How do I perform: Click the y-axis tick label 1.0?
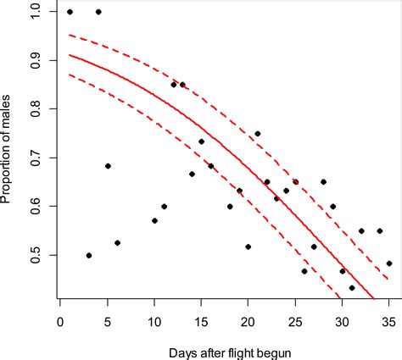(x=34, y=12)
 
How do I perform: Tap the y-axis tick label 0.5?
(x=34, y=255)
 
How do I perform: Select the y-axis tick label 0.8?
(x=34, y=109)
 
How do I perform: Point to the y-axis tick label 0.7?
(x=34, y=158)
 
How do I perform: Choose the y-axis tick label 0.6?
(x=34, y=207)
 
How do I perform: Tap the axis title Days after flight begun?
(x=224, y=349)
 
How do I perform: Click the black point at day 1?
(x=70, y=12)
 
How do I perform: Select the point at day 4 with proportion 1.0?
(x=98, y=12)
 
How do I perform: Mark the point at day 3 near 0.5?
(x=89, y=255)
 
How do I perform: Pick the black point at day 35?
(x=389, y=263)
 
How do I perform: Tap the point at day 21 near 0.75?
(x=258, y=134)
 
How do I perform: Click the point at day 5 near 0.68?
(x=108, y=166)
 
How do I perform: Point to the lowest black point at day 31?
(x=352, y=288)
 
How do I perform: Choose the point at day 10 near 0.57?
(x=154, y=221)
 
